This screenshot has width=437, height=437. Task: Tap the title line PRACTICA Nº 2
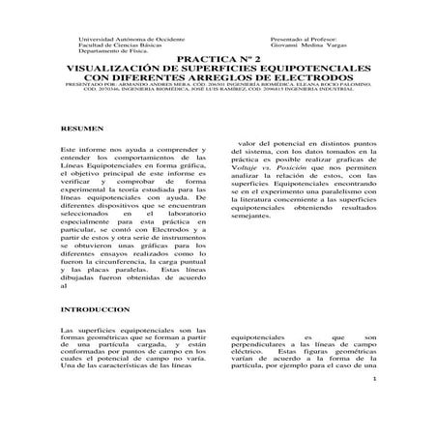(x=218, y=59)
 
